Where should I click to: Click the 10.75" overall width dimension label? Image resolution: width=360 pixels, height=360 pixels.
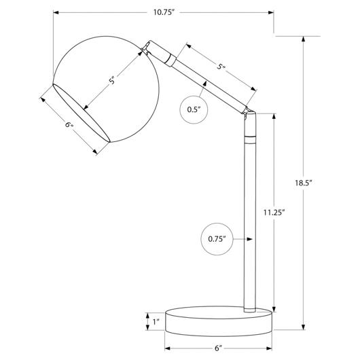(163, 12)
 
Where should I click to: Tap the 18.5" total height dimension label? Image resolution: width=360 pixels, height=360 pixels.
(304, 183)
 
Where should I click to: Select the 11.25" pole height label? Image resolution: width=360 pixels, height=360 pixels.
(274, 213)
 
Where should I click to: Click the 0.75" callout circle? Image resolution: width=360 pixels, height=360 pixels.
(217, 239)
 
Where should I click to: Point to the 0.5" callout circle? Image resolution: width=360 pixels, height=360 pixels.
(194, 109)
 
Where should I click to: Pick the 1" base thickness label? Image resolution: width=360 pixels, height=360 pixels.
(156, 322)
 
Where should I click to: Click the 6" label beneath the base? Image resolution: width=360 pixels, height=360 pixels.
(219, 348)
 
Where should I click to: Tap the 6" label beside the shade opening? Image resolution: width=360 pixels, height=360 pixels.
(69, 125)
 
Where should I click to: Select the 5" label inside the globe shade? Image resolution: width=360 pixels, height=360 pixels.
(112, 81)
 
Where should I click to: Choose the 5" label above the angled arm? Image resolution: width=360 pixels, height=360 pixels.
(221, 67)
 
